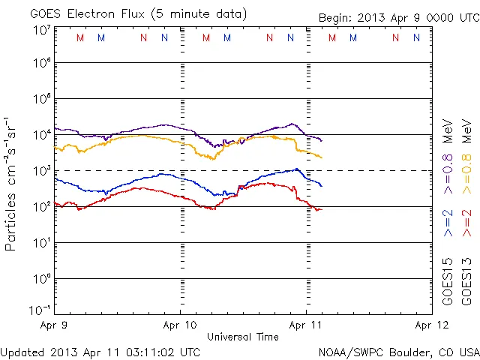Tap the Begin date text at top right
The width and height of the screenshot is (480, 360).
click(x=397, y=18)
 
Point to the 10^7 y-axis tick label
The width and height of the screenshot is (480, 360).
click(x=41, y=30)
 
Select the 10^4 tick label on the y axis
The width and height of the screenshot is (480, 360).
click(x=41, y=135)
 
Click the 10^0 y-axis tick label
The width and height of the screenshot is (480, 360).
click(x=41, y=279)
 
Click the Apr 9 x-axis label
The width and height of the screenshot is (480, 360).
click(x=54, y=326)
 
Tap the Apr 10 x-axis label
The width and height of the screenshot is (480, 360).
click(x=180, y=326)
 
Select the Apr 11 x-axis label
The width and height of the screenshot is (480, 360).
click(x=306, y=326)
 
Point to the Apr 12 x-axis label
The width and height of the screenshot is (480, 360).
click(x=432, y=326)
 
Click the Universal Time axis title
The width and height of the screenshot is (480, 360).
click(x=243, y=337)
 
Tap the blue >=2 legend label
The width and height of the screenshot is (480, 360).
click(x=448, y=224)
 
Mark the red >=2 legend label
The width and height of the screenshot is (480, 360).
click(x=467, y=224)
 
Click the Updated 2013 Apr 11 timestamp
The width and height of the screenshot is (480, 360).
click(x=100, y=352)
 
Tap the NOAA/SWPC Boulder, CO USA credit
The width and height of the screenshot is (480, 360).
click(x=398, y=352)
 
